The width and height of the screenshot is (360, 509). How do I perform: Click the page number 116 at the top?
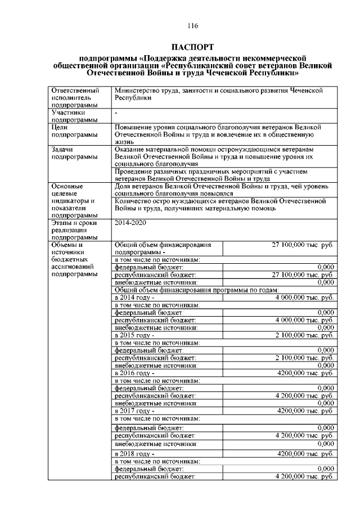193,26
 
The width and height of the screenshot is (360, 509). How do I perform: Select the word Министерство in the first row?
135,90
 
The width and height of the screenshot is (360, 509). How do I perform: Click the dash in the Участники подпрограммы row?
115,112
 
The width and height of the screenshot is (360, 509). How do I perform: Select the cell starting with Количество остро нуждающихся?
219,204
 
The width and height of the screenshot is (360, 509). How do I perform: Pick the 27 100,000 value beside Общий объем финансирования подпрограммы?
303,245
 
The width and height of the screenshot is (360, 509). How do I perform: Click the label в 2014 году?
134,297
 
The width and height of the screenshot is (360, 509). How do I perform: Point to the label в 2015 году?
134,334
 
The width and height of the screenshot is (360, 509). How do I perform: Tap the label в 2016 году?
134,372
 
